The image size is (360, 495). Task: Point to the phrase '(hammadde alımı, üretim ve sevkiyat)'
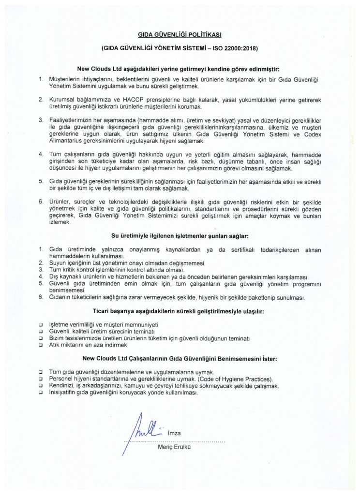click(168, 119)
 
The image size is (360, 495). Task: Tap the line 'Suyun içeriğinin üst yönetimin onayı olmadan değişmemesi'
click(128, 262)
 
